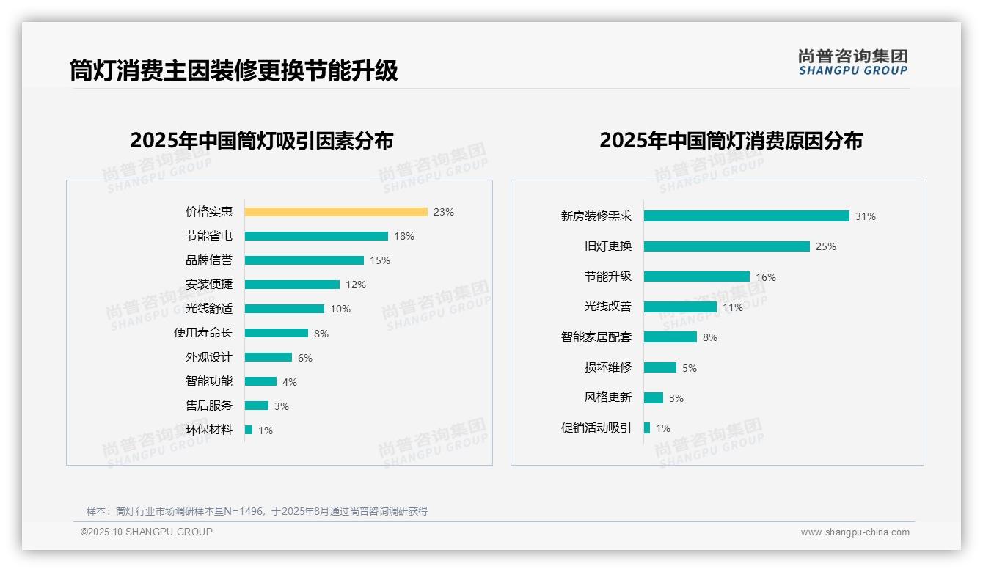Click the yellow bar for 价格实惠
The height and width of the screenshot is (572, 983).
[x=336, y=212]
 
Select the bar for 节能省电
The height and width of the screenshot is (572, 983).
[x=316, y=236]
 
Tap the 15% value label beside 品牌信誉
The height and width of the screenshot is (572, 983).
[x=380, y=260]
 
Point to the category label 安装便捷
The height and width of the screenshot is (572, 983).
[x=208, y=285]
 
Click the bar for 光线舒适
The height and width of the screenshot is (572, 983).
[x=285, y=309]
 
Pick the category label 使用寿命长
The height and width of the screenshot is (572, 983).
[x=202, y=333]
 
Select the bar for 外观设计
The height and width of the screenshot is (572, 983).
[x=268, y=357]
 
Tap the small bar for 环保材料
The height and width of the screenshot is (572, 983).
[x=249, y=430]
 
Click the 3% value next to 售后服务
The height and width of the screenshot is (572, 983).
[x=282, y=406]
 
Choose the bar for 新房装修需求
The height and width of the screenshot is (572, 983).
[x=747, y=216]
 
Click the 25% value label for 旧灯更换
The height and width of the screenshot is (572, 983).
[x=826, y=246]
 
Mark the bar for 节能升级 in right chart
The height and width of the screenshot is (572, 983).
[x=697, y=276]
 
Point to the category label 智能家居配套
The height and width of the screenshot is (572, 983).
[x=596, y=337]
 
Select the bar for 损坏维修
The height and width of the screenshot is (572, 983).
[x=660, y=367]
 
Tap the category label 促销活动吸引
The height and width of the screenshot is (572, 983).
[x=596, y=428]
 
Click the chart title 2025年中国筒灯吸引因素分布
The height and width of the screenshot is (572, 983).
[x=262, y=140]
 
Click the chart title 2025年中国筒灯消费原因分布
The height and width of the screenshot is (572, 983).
[x=731, y=140]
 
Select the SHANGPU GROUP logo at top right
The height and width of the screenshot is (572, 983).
[x=853, y=62]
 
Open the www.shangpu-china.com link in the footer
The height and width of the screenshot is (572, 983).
[x=855, y=532]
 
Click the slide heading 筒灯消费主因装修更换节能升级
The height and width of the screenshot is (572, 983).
[x=234, y=71]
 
